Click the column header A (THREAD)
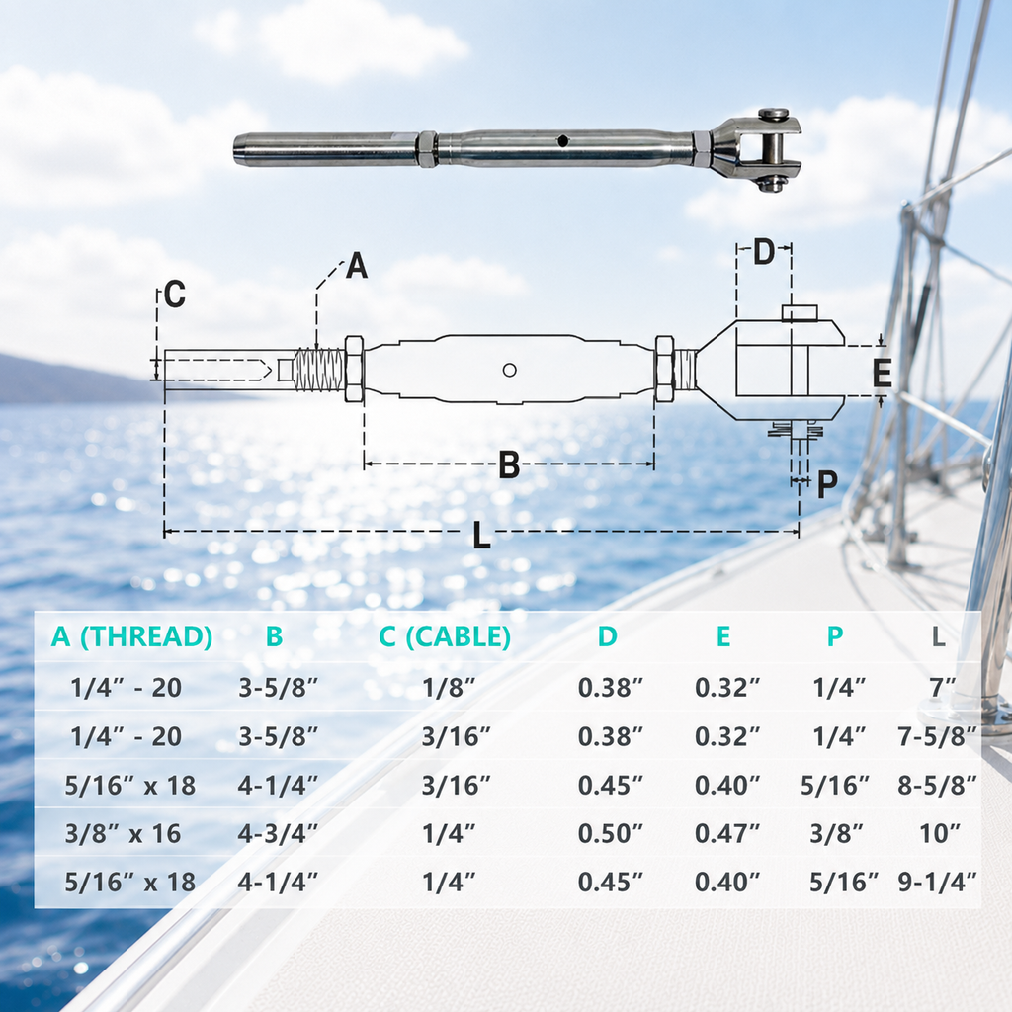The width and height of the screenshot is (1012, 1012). [131, 636]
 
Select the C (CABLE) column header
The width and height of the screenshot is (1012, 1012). [445, 636]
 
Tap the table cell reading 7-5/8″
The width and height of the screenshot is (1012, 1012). [938, 736]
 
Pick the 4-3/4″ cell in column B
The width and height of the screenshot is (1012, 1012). [278, 833]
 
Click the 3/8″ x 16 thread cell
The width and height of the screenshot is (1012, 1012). [124, 833]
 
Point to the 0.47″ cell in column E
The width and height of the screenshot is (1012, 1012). [727, 833]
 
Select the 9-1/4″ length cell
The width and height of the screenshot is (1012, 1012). [938, 882]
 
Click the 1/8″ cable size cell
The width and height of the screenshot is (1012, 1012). [449, 688]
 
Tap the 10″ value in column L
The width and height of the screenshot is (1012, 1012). [940, 833]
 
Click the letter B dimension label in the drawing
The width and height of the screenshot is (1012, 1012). [509, 464]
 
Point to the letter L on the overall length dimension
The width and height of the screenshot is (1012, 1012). [481, 535]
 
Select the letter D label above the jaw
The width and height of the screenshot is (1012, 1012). [764, 252]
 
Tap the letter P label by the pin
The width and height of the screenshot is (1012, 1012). [827, 484]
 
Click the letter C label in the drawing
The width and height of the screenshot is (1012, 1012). [175, 295]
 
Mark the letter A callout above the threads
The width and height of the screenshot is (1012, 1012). [356, 265]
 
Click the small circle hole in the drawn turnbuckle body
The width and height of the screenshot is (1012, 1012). [509, 370]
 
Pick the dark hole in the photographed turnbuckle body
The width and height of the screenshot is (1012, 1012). [563, 140]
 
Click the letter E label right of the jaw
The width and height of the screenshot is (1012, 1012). [883, 373]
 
